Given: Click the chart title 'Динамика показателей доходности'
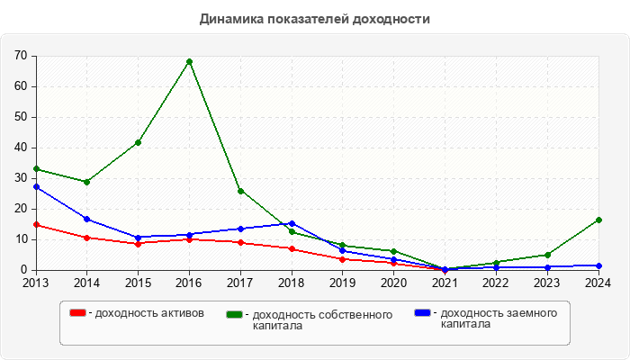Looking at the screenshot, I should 315,18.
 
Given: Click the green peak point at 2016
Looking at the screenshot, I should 189,61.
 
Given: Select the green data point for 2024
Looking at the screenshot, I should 598,220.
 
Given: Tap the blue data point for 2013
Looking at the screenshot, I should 36,186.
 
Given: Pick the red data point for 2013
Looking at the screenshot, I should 36,224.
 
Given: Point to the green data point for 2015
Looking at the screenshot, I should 138,142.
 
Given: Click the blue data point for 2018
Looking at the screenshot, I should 292,223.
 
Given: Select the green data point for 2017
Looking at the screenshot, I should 240,191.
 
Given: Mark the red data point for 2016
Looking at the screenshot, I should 189,239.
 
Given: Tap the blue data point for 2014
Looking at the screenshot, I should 87,219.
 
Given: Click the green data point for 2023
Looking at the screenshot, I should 547,255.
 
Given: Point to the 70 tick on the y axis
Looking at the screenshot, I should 21,56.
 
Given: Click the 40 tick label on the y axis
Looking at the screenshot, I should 21,148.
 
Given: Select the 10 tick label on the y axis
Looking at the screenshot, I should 21,239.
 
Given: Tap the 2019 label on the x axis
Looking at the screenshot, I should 343,283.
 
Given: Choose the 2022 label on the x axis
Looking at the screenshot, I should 496,283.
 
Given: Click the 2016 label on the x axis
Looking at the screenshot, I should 189,283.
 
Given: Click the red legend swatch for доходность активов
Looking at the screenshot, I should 78,313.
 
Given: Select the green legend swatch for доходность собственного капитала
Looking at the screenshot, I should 235,314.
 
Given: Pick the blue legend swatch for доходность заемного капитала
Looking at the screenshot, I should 422,313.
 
